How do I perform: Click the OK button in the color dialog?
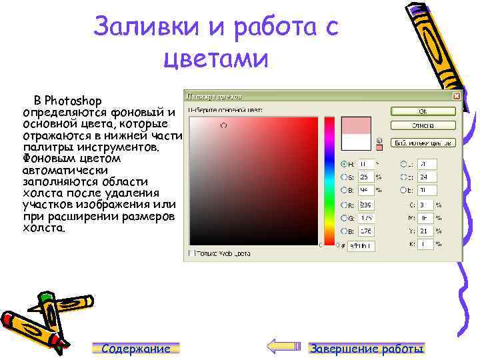(423, 111)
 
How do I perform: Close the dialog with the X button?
(457, 96)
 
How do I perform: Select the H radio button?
(343, 163)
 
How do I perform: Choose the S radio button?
(343, 177)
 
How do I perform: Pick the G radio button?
(343, 217)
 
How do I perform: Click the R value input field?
(366, 205)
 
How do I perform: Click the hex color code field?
(361, 245)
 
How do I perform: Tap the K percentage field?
(425, 244)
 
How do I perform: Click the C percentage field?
(425, 205)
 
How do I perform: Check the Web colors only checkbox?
(191, 253)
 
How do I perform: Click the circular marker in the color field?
(223, 125)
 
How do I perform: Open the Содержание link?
(136, 349)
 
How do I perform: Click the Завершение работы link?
(367, 349)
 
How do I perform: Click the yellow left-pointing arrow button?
(283, 346)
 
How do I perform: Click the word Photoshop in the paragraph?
(73, 101)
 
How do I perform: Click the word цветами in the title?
(215, 59)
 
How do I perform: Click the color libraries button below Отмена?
(423, 142)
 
